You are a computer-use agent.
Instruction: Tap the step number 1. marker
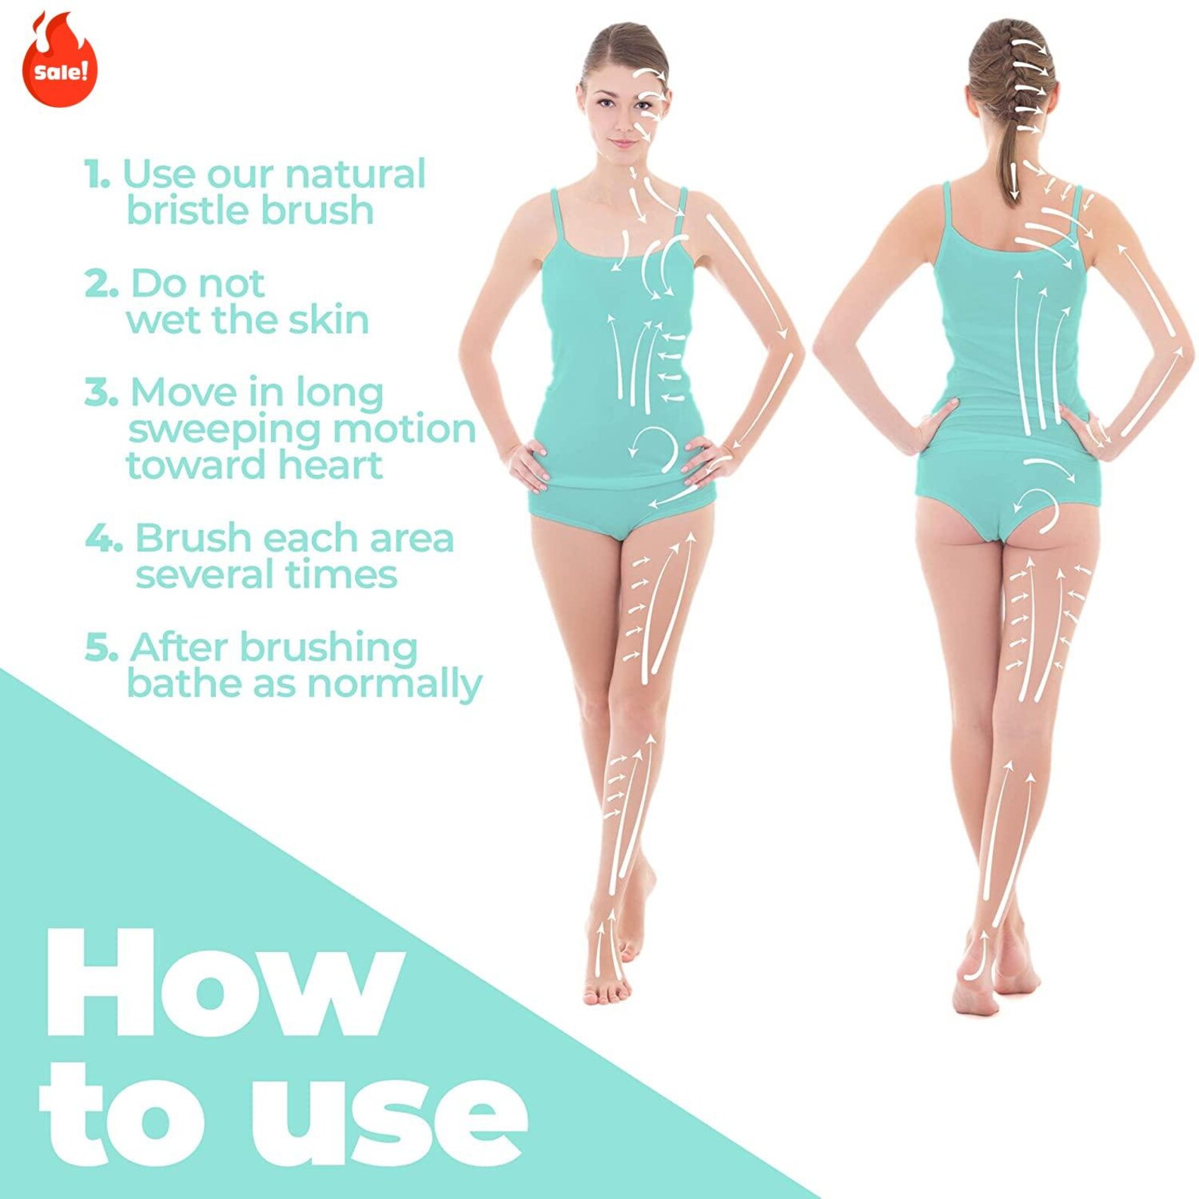click(x=97, y=174)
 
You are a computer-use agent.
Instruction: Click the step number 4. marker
click(x=103, y=539)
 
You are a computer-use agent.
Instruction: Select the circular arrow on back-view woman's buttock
click(x=1036, y=509)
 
